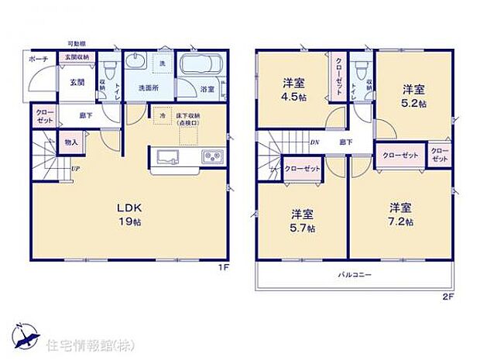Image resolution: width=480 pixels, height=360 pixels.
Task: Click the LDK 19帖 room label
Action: tap(129, 215)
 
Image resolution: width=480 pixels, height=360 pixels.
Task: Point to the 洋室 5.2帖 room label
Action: tap(413, 95)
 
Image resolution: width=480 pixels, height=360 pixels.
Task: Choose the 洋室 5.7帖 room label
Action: tap(303, 221)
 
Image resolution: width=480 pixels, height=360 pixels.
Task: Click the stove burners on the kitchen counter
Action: tap(212, 158)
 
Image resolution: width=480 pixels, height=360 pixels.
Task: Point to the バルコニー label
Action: tap(353, 275)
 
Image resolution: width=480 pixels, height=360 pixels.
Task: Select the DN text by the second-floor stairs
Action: tap(315, 142)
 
